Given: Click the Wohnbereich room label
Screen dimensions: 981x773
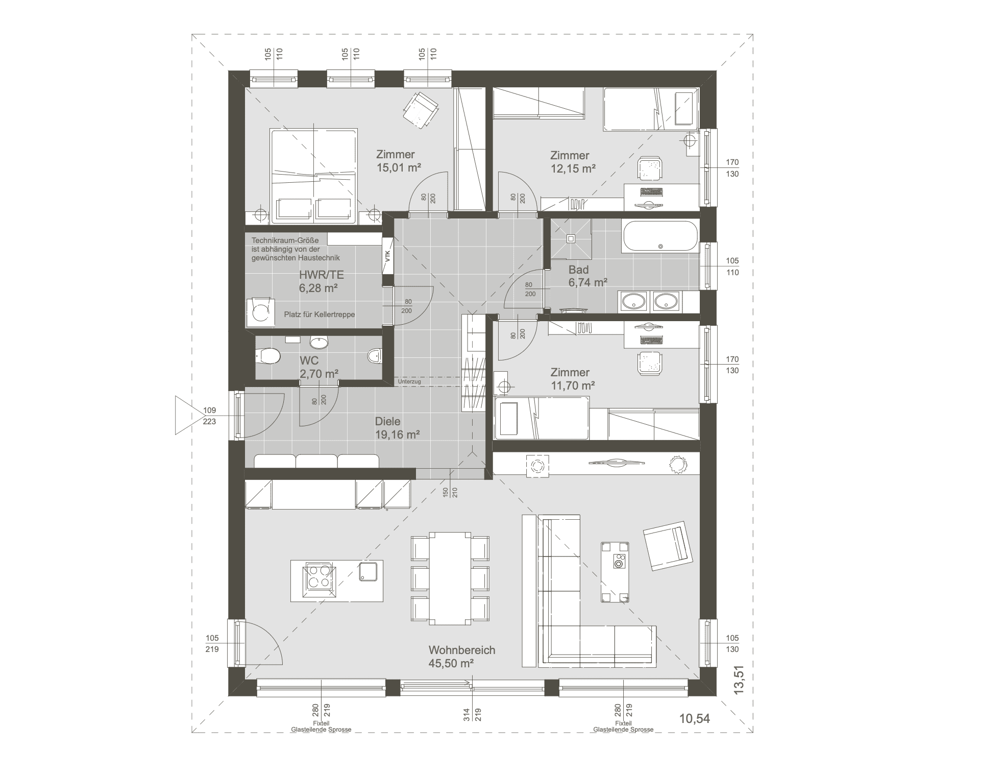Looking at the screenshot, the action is pos(462,657).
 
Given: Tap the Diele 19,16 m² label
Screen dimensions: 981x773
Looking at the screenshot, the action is pos(397,428).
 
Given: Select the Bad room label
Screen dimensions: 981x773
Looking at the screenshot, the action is pos(587,276).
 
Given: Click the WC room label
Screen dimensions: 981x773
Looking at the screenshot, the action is pos(318,367).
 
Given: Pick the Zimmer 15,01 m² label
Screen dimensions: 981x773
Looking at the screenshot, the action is pos(398,161).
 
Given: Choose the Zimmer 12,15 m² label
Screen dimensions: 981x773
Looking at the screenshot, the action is pos(573,162).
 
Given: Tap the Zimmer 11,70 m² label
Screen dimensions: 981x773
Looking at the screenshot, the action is pos(573,379).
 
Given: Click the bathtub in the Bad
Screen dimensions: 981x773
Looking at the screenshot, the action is pos(660,236).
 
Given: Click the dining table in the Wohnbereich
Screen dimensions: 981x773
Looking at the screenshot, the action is pos(450,578).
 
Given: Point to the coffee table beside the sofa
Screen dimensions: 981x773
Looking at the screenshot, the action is pos(615,572).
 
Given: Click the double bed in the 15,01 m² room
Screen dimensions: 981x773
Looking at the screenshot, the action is pos(313,176).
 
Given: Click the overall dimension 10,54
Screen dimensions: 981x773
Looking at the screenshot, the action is pos(695,718).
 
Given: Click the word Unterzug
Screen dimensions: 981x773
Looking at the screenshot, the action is pos(409,381).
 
